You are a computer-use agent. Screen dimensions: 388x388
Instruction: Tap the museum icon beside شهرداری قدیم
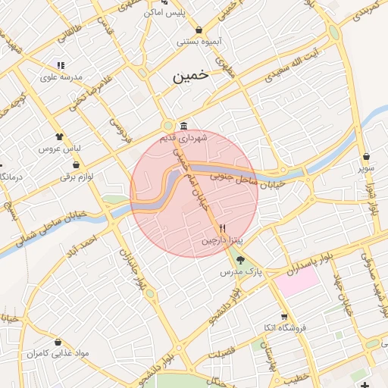183,126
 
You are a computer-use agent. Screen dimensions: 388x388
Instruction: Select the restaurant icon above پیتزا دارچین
222,227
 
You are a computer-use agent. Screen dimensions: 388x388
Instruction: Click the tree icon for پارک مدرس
240,260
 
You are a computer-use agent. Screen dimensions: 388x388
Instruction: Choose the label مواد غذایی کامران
58,354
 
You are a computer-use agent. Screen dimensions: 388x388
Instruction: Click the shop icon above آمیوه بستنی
199,30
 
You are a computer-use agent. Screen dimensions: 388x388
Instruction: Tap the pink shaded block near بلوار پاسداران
296,283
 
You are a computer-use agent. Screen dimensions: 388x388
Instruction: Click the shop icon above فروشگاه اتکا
284,317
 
